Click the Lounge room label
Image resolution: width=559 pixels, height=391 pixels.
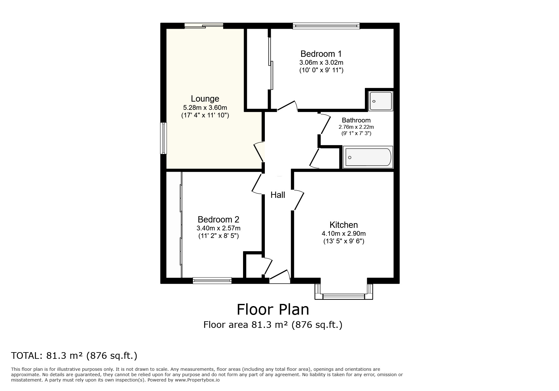click(205, 99)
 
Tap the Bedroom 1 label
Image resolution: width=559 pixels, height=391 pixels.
click(321, 54)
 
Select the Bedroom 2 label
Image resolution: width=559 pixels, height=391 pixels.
click(218, 219)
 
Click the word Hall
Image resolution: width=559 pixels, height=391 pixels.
click(278, 195)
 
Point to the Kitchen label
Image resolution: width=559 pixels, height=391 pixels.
click(343, 225)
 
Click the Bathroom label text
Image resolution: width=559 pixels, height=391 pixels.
click(356, 120)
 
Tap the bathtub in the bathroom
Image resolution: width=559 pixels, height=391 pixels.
click(368, 157)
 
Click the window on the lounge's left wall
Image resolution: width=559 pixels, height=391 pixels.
click(163, 138)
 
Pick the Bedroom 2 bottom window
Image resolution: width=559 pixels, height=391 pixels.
click(212, 280)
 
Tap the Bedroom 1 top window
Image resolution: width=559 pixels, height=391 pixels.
click(326, 26)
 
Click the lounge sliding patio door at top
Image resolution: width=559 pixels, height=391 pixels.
click(204, 26)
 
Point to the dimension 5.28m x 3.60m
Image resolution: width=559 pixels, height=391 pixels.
click(205, 108)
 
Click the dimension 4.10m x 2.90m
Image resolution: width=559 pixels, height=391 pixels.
click(343, 234)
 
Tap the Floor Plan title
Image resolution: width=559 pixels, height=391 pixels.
click(273, 310)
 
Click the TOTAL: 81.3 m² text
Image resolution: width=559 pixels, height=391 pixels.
click(74, 356)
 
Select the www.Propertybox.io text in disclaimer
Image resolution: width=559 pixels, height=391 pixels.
click(197, 380)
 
